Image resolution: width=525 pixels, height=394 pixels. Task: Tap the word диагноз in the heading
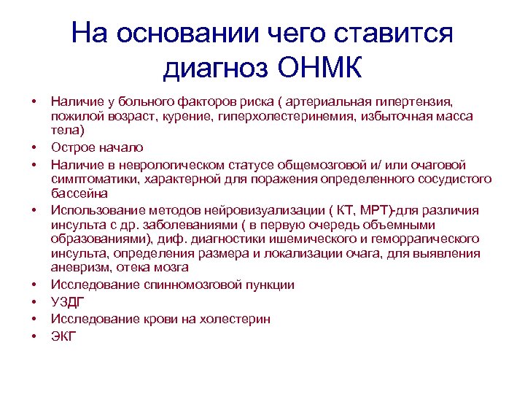click(x=217, y=70)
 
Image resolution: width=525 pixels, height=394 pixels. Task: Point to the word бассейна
click(x=79, y=193)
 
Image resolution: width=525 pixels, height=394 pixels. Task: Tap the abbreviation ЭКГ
click(x=64, y=336)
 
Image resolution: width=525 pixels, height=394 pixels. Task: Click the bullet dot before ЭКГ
click(x=34, y=336)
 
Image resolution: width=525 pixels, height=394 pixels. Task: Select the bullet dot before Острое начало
click(x=34, y=148)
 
